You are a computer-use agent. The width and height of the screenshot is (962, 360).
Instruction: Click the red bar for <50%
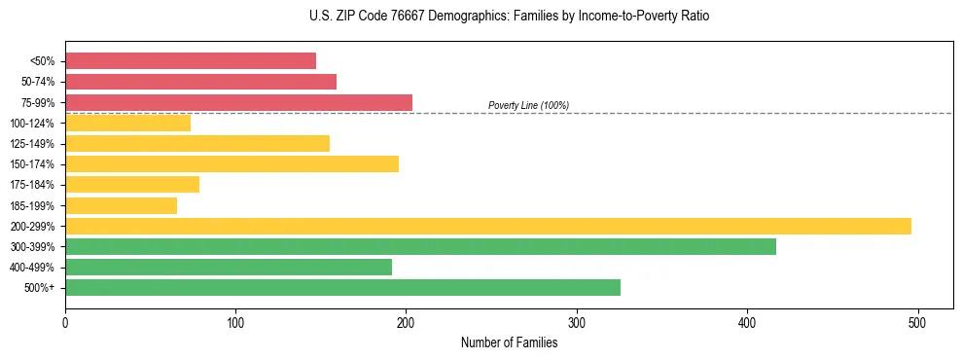(191, 61)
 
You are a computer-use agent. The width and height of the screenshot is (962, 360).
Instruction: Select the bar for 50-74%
(200, 82)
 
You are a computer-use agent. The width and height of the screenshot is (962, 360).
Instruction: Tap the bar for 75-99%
(238, 102)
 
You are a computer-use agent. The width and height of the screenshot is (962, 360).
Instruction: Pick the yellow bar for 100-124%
(127, 123)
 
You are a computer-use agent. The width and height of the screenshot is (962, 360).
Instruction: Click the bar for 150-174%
(232, 163)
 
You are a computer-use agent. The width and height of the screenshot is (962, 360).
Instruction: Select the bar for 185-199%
(121, 205)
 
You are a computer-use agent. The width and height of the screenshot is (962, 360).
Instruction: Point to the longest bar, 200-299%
(488, 226)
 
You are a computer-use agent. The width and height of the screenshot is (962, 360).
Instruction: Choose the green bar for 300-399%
(420, 246)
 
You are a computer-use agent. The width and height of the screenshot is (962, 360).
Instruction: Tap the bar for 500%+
(342, 287)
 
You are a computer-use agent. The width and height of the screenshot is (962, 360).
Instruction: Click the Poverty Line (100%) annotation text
(528, 105)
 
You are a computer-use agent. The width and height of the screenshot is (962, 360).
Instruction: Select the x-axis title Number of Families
(509, 342)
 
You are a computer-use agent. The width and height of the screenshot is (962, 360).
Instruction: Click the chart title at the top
(509, 17)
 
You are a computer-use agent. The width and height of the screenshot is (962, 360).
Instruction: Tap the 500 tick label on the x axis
(917, 322)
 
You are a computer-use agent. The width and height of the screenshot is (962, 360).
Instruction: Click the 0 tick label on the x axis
(65, 322)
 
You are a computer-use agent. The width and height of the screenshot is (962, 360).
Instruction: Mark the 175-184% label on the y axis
(32, 185)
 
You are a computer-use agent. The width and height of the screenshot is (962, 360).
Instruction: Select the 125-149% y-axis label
(32, 144)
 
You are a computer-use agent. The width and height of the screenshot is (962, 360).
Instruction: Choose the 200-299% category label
(32, 226)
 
